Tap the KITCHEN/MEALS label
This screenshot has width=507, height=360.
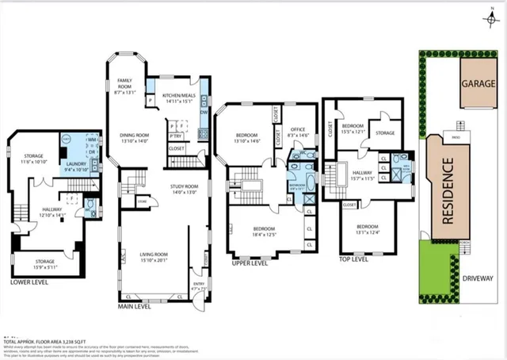(x=183, y=98)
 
